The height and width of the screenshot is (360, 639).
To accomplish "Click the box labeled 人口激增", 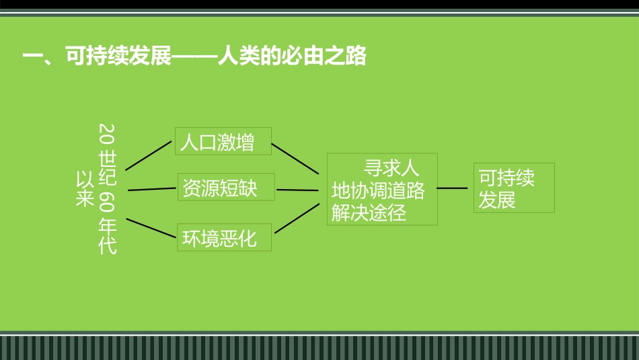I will pos(223,141).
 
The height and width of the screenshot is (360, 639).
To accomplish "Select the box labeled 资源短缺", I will pos(226,187).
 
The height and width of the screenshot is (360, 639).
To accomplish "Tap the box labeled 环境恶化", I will pos(224,238).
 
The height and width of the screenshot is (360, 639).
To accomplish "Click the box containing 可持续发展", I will pos(514,188).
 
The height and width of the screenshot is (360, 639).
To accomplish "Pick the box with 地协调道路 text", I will pos(382,190).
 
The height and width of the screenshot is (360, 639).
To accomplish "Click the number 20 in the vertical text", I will pos(107,135).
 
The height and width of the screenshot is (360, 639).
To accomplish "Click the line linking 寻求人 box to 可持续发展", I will pos(452,188).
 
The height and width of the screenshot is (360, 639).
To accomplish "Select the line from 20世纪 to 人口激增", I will pos(149,155).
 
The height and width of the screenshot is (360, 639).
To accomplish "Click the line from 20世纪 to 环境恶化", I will pos(150,228).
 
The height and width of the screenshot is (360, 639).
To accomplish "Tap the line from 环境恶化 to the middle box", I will pos(297,217).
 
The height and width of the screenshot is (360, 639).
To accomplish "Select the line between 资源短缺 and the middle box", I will pos(297,190).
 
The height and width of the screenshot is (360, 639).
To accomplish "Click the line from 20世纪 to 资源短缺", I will pos(151,189).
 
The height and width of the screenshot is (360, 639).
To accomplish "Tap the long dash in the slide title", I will pos(195,56).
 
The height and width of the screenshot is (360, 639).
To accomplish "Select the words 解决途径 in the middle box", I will pos(369,213).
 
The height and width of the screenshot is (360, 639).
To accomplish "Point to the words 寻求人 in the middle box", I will pos(391,168).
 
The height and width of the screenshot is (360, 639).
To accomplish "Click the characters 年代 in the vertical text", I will pos(107,235).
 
